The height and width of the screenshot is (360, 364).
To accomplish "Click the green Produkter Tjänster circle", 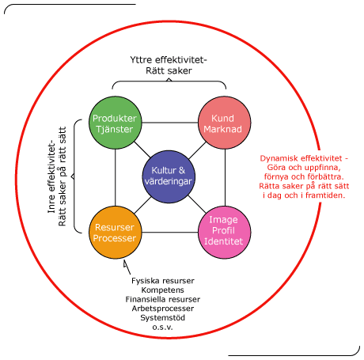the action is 115,123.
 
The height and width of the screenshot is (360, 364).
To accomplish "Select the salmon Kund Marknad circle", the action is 225,123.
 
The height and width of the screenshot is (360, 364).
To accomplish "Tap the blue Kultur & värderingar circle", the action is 169,176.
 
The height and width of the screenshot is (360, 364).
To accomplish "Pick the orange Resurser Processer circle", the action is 115,233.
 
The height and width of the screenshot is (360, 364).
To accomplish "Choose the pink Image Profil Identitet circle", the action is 225,233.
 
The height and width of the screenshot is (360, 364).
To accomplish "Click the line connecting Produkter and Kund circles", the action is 169,123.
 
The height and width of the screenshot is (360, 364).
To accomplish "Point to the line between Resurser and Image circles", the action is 169,233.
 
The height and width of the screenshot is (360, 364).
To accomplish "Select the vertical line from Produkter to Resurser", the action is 116,177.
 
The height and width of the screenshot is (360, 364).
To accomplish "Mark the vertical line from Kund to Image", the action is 225,177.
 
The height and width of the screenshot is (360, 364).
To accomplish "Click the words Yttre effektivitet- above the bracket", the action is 169,60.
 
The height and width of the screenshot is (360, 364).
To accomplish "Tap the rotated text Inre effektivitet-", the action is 51,176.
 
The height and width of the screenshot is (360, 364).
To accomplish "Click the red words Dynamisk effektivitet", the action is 301,158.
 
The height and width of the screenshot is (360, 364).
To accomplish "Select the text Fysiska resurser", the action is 163,281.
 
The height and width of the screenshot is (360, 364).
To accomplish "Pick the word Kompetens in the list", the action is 162,290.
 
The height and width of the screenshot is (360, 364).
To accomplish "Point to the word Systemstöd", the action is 162,317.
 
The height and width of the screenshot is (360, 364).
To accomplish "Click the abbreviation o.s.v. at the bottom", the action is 162,328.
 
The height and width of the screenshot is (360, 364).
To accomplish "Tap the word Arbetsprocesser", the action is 163,309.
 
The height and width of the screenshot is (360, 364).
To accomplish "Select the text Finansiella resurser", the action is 163,299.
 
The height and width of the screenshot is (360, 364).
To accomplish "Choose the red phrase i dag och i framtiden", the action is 304,195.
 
